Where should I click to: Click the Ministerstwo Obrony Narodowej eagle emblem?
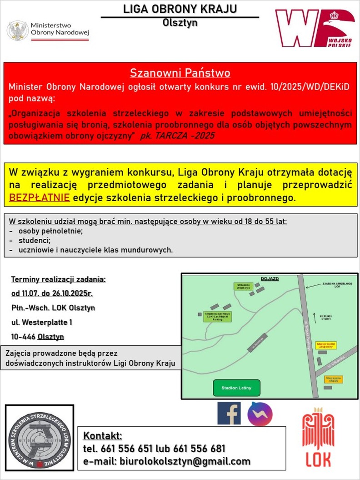tap(18, 30)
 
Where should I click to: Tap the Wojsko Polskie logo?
tap(315, 28)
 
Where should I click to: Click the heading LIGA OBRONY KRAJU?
tap(180, 9)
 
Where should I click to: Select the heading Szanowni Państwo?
tap(180, 73)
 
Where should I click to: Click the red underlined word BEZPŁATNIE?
tap(40, 198)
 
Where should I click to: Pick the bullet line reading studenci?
tap(34, 240)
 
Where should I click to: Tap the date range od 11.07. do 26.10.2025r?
tap(52, 293)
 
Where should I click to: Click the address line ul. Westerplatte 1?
tap(42, 322)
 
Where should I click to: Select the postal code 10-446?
tap(24, 337)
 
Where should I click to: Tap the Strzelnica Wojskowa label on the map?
tap(242, 286)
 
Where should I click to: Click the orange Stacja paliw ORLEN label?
tap(334, 379)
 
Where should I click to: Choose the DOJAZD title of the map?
tap(270, 278)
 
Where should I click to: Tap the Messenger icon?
tap(260, 414)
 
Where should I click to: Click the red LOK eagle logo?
tap(318, 439)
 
